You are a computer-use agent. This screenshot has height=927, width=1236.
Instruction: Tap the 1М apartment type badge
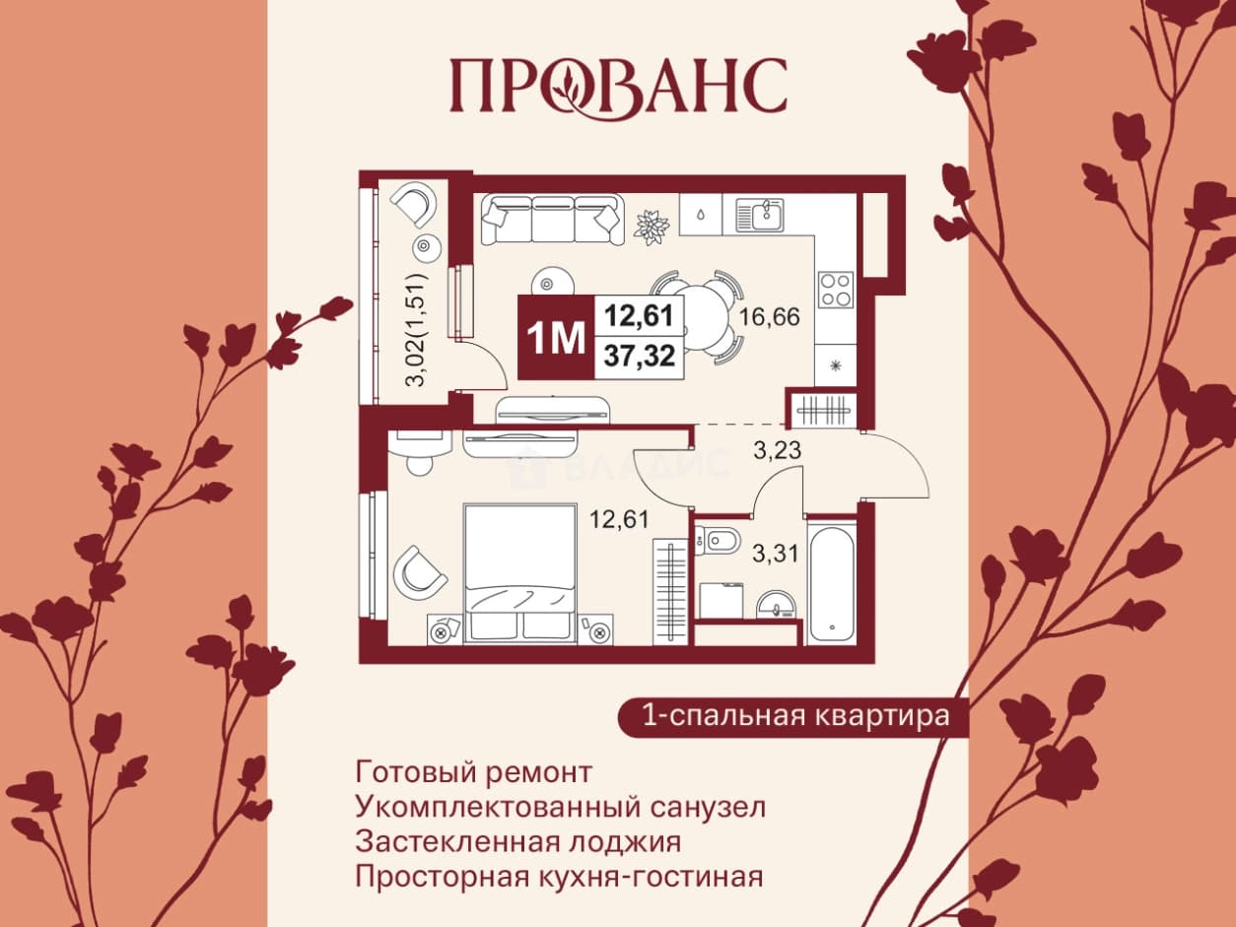click(x=556, y=337)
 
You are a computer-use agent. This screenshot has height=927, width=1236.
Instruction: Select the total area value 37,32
click(x=639, y=356)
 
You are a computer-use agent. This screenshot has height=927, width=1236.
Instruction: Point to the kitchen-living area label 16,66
click(x=769, y=317)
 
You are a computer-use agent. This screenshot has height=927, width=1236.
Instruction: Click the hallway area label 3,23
click(x=777, y=450)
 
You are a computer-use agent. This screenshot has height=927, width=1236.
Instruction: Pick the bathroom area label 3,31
click(x=776, y=554)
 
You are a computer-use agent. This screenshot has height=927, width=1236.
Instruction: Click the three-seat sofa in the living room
click(x=552, y=220)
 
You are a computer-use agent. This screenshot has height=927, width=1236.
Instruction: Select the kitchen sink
click(x=760, y=217)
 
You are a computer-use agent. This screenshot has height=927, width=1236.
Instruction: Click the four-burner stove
click(x=836, y=290)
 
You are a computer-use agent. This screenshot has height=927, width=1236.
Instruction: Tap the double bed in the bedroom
click(x=519, y=573)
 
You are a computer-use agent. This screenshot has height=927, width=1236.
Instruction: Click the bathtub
click(x=832, y=582)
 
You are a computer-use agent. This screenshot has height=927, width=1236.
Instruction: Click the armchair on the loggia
click(x=417, y=205)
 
